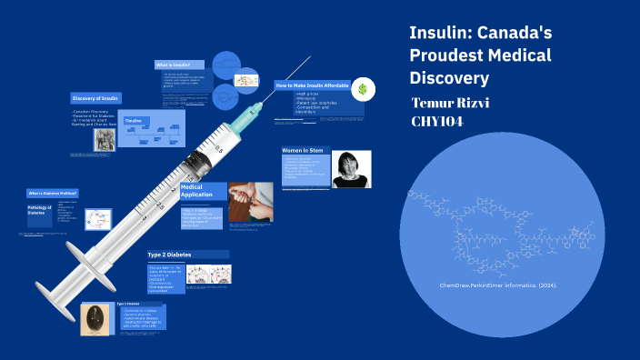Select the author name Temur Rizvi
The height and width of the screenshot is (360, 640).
tap(451, 101)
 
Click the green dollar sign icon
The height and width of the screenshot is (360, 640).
tap(363, 89)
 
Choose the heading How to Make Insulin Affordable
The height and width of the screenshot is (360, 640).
tap(313, 85)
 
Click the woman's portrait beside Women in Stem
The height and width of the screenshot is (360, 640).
tap(351, 169)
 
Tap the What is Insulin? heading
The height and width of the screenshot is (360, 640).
tap(172, 65)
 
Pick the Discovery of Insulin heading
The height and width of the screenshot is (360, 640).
tap(95, 98)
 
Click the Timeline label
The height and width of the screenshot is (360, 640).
tap(133, 120)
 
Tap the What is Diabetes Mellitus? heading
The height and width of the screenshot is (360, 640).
tap(52, 194)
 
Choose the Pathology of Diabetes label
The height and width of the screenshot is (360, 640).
tap(36, 210)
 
